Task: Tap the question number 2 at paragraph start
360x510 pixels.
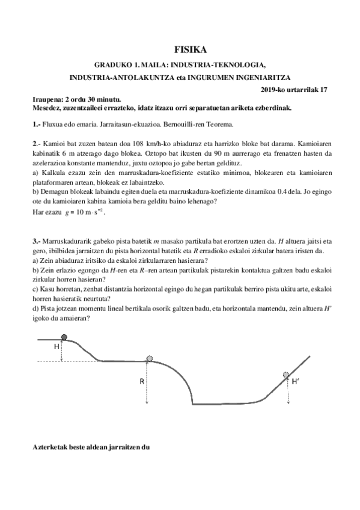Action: click(34, 146)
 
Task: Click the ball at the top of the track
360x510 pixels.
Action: click(64, 337)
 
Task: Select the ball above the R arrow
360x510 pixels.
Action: click(150, 358)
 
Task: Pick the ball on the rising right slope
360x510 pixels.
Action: click(286, 375)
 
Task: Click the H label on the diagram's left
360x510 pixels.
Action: click(56, 347)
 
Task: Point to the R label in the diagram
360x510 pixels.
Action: click(141, 381)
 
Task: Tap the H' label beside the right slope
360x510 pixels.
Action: click(296, 381)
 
